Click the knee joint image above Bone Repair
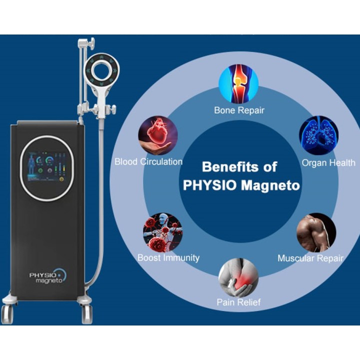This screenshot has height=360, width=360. point(238,84)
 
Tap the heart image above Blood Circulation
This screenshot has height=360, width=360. point(158,135)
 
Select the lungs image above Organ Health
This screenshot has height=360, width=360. point(318,135)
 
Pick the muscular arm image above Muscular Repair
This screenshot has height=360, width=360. point(316,232)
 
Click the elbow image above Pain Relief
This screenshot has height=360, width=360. point(238,278)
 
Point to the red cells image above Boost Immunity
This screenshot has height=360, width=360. point(163,232)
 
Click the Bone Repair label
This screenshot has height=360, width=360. point(239,110)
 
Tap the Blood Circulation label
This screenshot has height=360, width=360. point(148,161)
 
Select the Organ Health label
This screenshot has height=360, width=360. point(328,163)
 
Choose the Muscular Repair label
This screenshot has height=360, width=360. point(310,258)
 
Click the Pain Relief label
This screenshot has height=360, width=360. point(239,302)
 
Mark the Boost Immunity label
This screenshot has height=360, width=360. point(168,258)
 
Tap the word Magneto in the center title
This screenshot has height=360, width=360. point(270,185)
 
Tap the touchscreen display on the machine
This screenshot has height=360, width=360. point(46,166)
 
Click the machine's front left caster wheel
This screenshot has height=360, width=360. point(7,314)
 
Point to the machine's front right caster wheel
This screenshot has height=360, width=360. point(87,314)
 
